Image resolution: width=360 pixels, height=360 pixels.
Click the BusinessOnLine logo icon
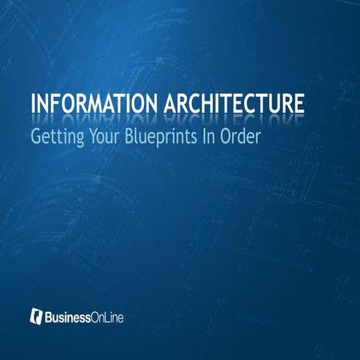pyautogui.click(x=35, y=316)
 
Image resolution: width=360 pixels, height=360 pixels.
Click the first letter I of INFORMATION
pyautogui.click(x=34, y=104)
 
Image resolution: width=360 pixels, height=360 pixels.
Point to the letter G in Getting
pyautogui.click(x=36, y=138)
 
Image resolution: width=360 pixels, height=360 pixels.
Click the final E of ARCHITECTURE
pyautogui.click(x=300, y=104)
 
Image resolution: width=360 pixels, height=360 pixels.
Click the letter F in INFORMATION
pyautogui.click(x=60, y=104)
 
